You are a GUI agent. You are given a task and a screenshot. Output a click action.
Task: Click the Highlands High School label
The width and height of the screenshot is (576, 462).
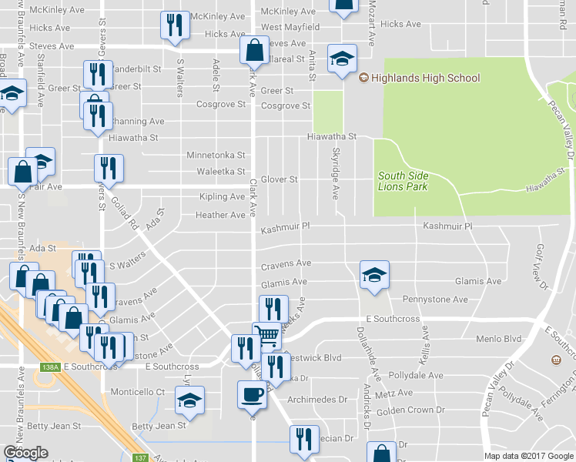pyautogui.click(x=425, y=78)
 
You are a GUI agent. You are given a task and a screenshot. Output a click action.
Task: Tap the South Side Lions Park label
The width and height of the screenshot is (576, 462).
pyautogui.click(x=403, y=181)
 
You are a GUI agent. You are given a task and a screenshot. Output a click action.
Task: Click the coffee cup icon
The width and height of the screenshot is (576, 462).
pyautogui.click(x=252, y=394)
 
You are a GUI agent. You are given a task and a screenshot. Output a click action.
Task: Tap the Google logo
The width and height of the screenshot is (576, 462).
pyautogui.click(x=25, y=454)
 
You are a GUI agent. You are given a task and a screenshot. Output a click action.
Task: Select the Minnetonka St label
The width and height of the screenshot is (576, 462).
pyautogui.click(x=216, y=155)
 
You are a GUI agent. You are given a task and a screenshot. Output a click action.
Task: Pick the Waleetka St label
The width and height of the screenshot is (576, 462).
pyautogui.click(x=220, y=172)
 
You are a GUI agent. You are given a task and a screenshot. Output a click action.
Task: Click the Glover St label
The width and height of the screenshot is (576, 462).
pyautogui.click(x=279, y=179)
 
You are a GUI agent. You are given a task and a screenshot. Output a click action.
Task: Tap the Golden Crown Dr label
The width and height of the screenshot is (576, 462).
pyautogui.click(x=414, y=410)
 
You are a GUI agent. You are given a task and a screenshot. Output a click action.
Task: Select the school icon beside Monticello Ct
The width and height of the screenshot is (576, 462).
pyautogui.click(x=189, y=399)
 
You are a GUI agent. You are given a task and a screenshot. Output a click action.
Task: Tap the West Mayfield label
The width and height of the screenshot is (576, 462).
pyautogui.click(x=290, y=28)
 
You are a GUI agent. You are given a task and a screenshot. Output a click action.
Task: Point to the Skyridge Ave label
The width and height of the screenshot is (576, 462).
pyautogui.click(x=336, y=173)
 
